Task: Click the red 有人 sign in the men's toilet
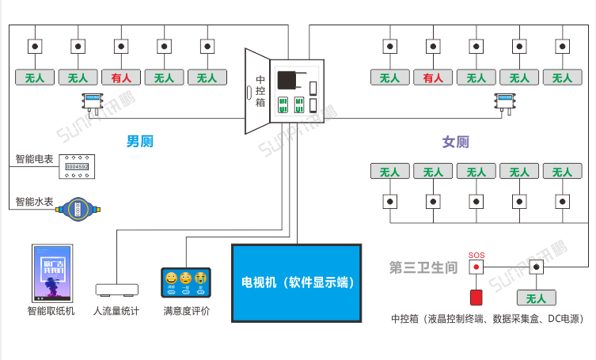point(121,78)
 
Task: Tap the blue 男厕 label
point(139,142)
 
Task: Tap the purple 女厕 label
point(455,142)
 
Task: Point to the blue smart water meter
point(78,207)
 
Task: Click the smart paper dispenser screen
point(51,273)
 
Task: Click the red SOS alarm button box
point(476,297)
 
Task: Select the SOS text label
point(476,255)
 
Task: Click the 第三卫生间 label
point(423,267)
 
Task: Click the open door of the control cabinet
point(258,92)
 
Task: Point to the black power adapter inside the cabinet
point(288,79)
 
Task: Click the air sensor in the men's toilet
point(93,100)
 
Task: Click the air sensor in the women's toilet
point(504,100)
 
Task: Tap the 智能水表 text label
point(34,202)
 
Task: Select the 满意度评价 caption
point(186,311)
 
